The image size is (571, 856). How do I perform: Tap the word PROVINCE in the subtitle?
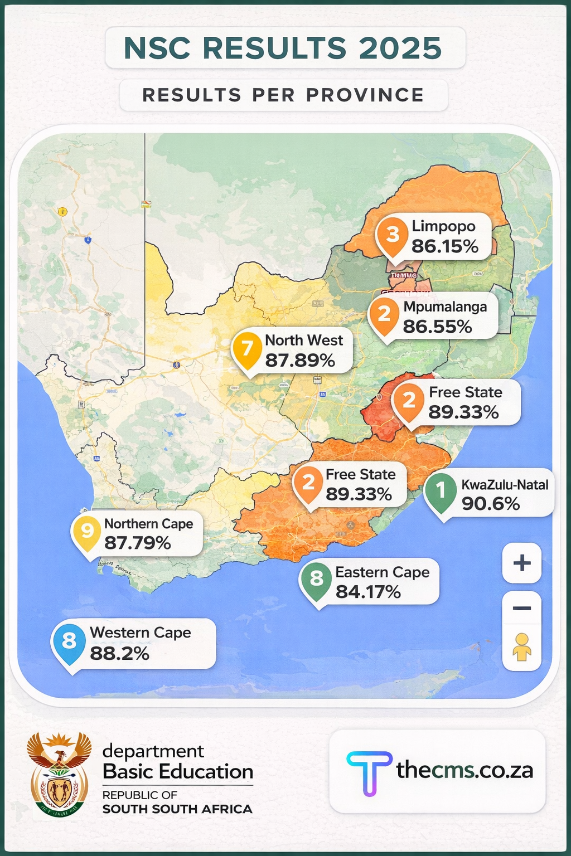click(365, 95)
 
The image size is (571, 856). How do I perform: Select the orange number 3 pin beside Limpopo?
click(393, 235)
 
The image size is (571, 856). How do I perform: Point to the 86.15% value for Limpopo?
click(444, 246)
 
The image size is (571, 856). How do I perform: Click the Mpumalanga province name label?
click(445, 307)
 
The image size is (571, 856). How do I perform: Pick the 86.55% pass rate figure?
click(437, 327)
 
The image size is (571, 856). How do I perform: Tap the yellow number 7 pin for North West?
click(247, 348)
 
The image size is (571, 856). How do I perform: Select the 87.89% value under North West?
click(300, 361)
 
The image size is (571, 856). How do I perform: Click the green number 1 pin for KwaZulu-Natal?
click(441, 490)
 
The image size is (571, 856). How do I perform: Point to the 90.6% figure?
click(490, 504)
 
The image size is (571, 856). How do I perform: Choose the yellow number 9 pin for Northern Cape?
click(87, 531)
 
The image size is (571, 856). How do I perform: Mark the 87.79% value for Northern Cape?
click(137, 543)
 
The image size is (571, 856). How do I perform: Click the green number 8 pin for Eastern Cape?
click(316, 578)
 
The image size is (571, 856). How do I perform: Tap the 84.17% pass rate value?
click(368, 592)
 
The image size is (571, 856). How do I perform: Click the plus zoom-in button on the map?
click(521, 563)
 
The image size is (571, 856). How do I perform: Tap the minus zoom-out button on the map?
click(521, 608)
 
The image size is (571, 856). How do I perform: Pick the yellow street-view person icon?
click(521, 648)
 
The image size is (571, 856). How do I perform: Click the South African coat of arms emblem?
click(59, 775)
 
